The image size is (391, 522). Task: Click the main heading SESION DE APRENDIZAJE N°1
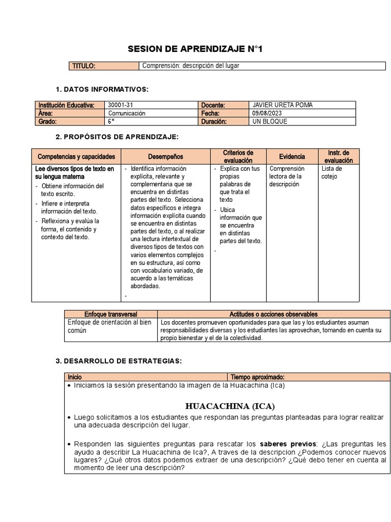coord(196,49)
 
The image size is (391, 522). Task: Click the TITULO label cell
coord(84,66)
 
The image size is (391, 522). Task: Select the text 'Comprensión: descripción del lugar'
coord(190,66)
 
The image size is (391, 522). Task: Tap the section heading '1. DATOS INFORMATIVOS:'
coord(102,90)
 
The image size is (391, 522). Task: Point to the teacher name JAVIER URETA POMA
coord(283,105)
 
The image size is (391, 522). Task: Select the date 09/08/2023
coord(267,113)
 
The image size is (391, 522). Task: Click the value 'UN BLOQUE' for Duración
coord(270,121)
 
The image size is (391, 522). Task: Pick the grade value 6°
coord(111,121)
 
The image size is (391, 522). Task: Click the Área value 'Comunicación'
coord(127,113)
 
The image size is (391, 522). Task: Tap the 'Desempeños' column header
coord(165,156)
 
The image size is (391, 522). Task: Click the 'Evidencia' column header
coord(292,156)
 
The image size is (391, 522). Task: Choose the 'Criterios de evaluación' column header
coord(238,156)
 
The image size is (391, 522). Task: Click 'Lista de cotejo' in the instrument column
coord(332,172)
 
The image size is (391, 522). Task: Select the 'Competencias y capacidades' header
coord(76,156)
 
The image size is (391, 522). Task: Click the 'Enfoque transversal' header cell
coord(110,315)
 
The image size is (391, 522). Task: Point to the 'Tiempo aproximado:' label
coord(254,377)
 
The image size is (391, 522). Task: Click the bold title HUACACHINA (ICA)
coord(230,406)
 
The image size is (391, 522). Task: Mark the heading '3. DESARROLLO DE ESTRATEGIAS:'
coord(118,361)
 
